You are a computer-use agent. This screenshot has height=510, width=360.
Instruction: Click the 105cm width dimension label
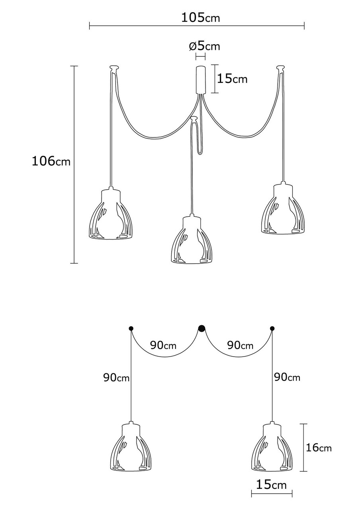[200, 18]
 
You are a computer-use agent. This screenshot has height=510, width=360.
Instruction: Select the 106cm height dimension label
[51, 161]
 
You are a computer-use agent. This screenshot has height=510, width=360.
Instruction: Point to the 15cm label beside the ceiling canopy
[232, 79]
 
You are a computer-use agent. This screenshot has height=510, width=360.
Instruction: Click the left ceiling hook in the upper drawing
[114, 68]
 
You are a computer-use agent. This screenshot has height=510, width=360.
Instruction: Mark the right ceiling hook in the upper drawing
[280, 68]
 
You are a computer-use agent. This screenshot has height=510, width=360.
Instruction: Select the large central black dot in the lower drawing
[201, 328]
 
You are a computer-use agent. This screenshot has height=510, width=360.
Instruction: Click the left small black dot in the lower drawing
[131, 328]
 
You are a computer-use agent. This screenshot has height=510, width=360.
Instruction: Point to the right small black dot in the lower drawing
[272, 328]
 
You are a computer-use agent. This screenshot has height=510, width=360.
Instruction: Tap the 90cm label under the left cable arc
[163, 345]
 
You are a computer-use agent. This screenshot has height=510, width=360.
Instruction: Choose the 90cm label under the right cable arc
[240, 345]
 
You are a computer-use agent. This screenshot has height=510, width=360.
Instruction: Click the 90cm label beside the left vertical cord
[116, 378]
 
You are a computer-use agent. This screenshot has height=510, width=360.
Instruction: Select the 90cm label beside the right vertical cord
[287, 377]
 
